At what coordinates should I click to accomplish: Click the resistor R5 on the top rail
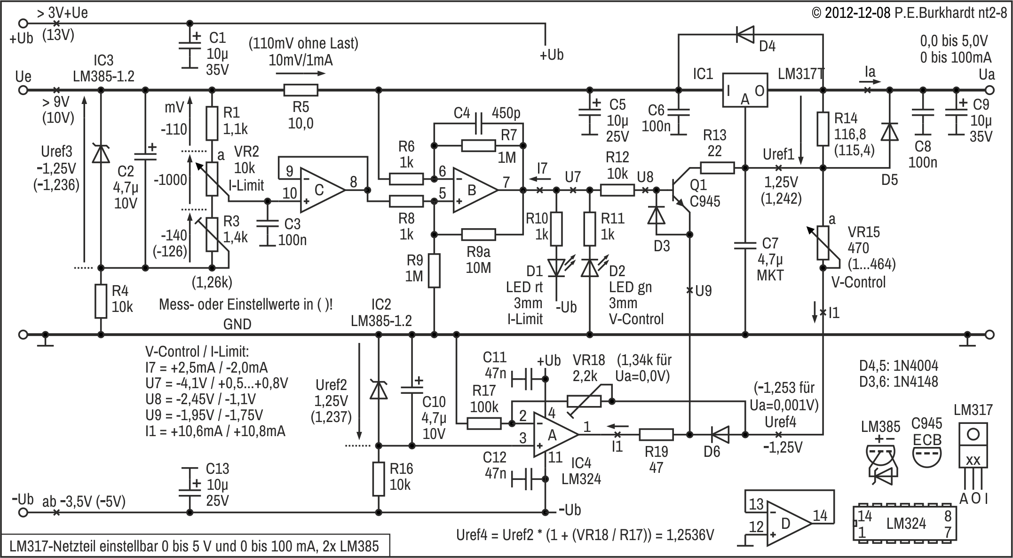[x=301, y=90]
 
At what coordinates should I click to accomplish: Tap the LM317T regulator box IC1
[x=745, y=90]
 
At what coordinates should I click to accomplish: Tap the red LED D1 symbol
[x=556, y=267]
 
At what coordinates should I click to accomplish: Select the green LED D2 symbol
[x=590, y=267]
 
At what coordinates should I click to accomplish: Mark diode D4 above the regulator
[x=745, y=34]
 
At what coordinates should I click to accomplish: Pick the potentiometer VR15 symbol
[x=823, y=243]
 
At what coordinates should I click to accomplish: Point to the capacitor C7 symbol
[x=745, y=245]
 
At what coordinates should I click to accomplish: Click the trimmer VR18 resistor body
[x=584, y=401]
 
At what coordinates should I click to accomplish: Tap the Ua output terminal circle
[x=990, y=90]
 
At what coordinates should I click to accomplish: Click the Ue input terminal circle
[x=23, y=90]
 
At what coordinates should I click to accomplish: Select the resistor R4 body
[x=101, y=301]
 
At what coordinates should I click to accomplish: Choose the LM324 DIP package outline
[x=905, y=523]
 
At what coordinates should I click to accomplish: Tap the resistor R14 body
[x=823, y=128]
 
